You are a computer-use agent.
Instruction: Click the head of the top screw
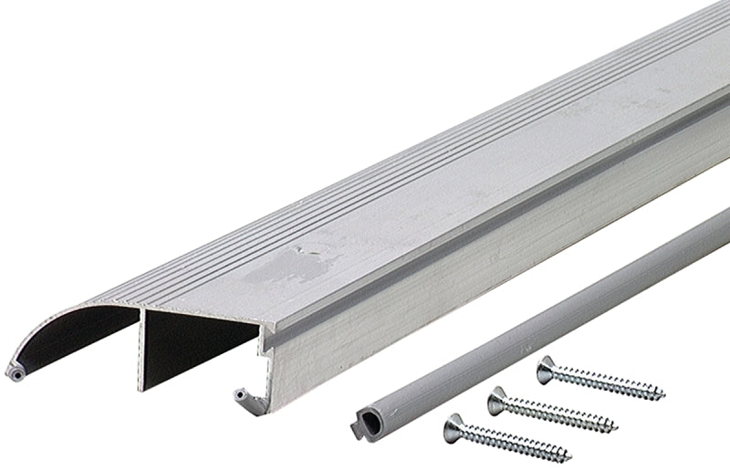[x=547, y=368]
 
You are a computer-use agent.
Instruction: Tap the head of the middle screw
[x=498, y=399]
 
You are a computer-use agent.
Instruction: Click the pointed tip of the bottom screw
[x=569, y=456]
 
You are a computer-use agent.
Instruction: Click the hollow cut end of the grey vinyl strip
[x=364, y=424]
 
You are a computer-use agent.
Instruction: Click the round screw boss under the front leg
[x=240, y=396]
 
